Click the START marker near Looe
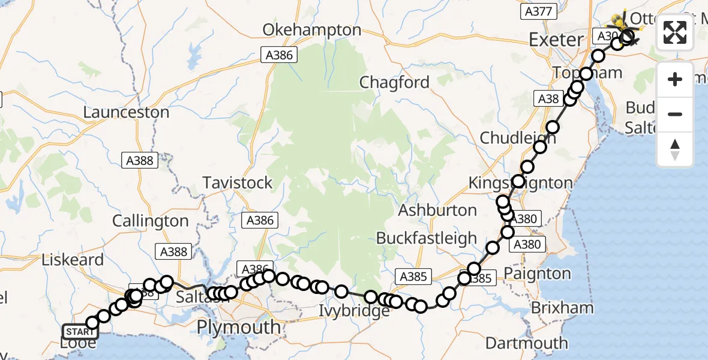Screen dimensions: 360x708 click(x=80, y=331)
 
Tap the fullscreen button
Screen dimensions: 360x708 click(x=675, y=32)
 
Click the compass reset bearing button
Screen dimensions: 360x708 click(x=675, y=150)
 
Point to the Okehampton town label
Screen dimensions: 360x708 click(x=312, y=30)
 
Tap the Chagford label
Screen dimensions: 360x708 click(x=394, y=82)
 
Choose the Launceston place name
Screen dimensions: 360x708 click(x=126, y=112)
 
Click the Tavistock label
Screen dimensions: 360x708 click(x=238, y=183)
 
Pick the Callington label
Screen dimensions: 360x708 click(x=150, y=221)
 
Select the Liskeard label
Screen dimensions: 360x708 click(x=73, y=260)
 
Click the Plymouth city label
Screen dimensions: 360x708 click(x=239, y=328)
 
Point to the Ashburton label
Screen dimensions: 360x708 click(x=437, y=210)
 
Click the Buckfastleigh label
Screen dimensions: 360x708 click(x=427, y=238)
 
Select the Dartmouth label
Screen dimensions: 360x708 click(x=526, y=343)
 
